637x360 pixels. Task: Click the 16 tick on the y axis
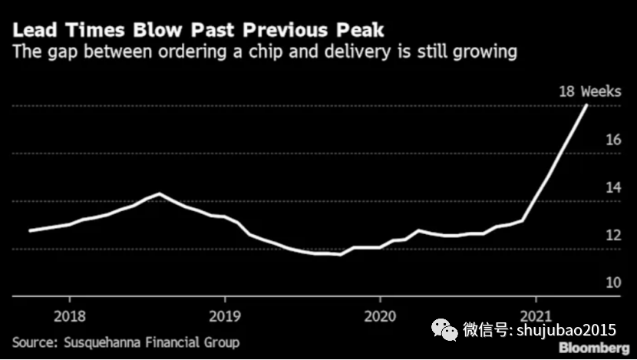click(x=613, y=140)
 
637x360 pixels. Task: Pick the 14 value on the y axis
click(x=613, y=188)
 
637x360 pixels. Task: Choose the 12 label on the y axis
click(x=613, y=236)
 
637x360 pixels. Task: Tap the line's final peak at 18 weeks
click(x=587, y=105)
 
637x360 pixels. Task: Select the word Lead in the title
click(x=33, y=31)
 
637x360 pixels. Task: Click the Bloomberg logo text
click(x=592, y=348)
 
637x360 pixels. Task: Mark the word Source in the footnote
click(x=34, y=342)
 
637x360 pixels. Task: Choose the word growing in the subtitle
click(x=480, y=52)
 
